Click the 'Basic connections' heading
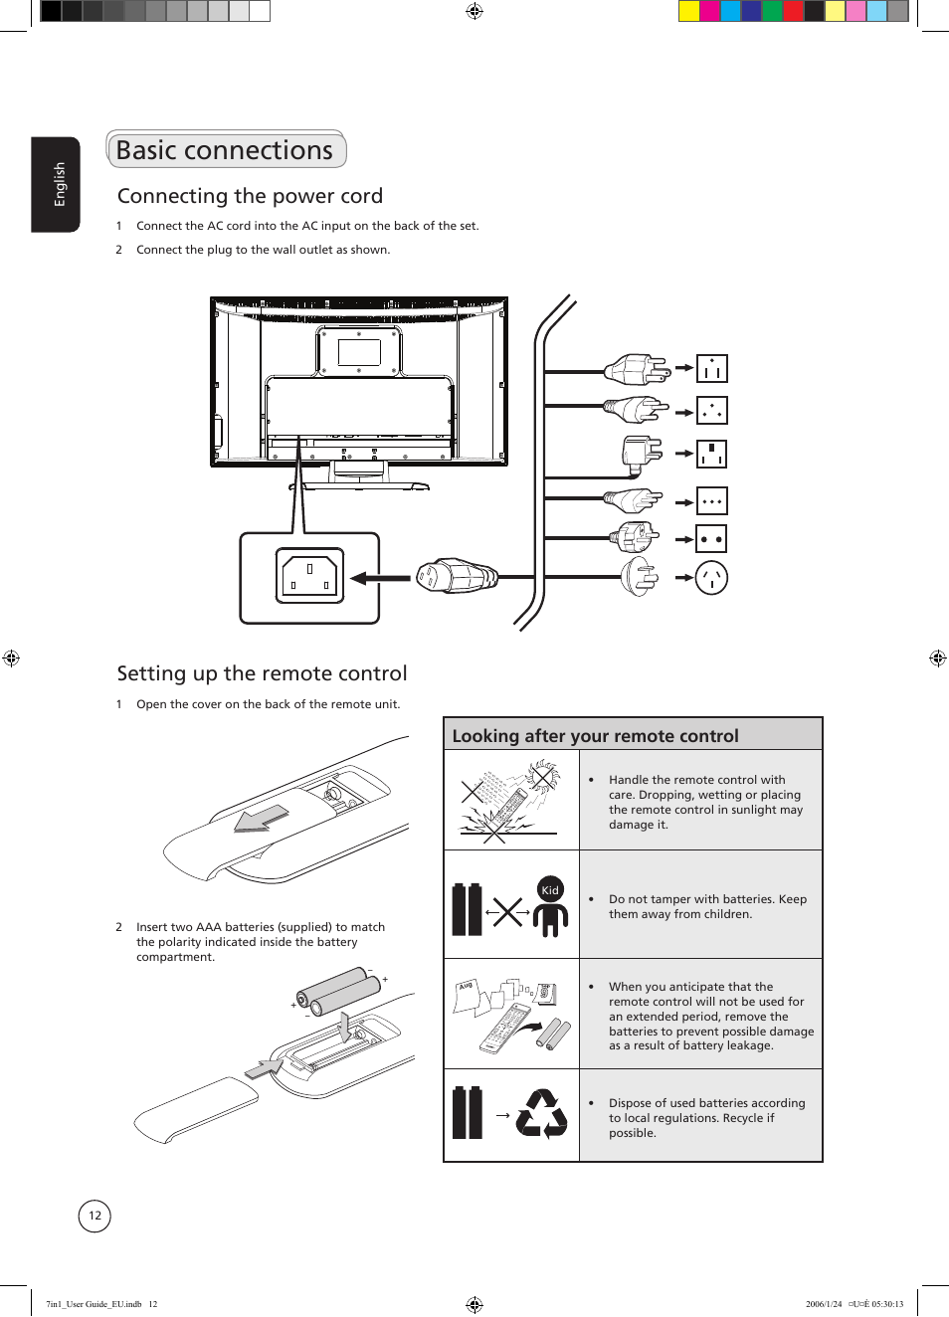click(x=225, y=150)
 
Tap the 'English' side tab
click(x=59, y=184)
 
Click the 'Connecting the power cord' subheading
click(x=250, y=196)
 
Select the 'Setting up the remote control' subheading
click(x=262, y=673)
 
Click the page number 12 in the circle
click(x=95, y=1216)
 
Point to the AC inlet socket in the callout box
click(x=309, y=576)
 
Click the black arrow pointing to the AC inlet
click(x=380, y=578)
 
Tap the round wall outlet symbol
click(x=711, y=577)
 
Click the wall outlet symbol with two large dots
click(x=711, y=539)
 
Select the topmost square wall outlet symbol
click(x=711, y=369)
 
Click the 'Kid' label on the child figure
click(x=550, y=890)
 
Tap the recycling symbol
click(x=542, y=1114)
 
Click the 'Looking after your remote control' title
click(x=595, y=736)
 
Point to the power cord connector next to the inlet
click(x=456, y=576)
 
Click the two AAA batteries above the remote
click(x=338, y=990)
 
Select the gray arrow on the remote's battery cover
click(x=262, y=818)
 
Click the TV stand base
click(x=365, y=486)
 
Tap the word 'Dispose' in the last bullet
click(x=631, y=1103)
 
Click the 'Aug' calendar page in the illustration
click(x=467, y=996)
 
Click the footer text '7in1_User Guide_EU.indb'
click(x=95, y=1304)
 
